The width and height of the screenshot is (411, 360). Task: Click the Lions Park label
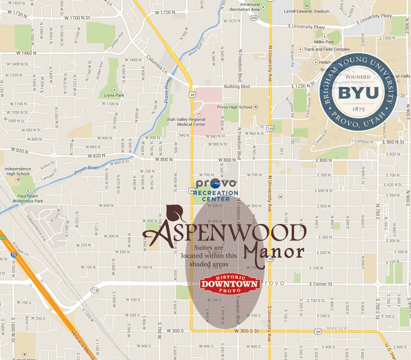114,95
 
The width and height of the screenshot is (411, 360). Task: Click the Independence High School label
17,171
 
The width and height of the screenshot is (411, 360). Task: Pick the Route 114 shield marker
95,291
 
